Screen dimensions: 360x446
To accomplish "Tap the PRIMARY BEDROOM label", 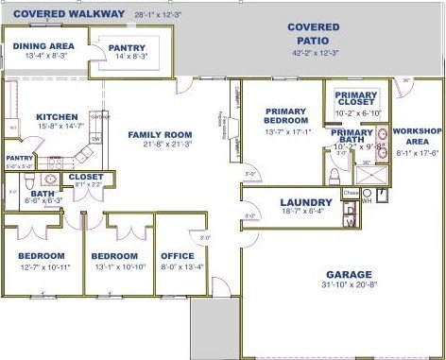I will pyautogui.click(x=286, y=115).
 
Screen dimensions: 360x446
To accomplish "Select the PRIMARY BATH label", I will pyautogui.click(x=351, y=136).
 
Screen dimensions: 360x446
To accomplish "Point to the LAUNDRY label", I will pyautogui.click(x=306, y=202).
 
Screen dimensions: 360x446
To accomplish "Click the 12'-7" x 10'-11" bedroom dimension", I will pyautogui.click(x=40, y=266).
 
